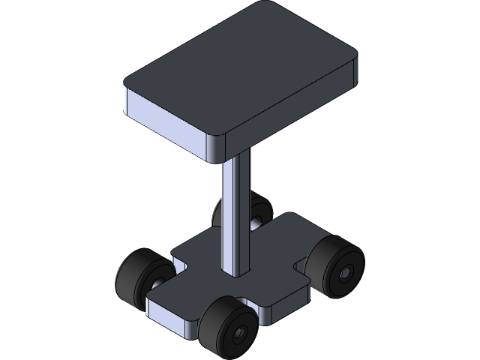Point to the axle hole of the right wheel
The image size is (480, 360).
(x=346, y=275)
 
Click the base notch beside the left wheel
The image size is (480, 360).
(x=178, y=265)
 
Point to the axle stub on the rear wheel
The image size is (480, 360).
(x=256, y=222)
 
